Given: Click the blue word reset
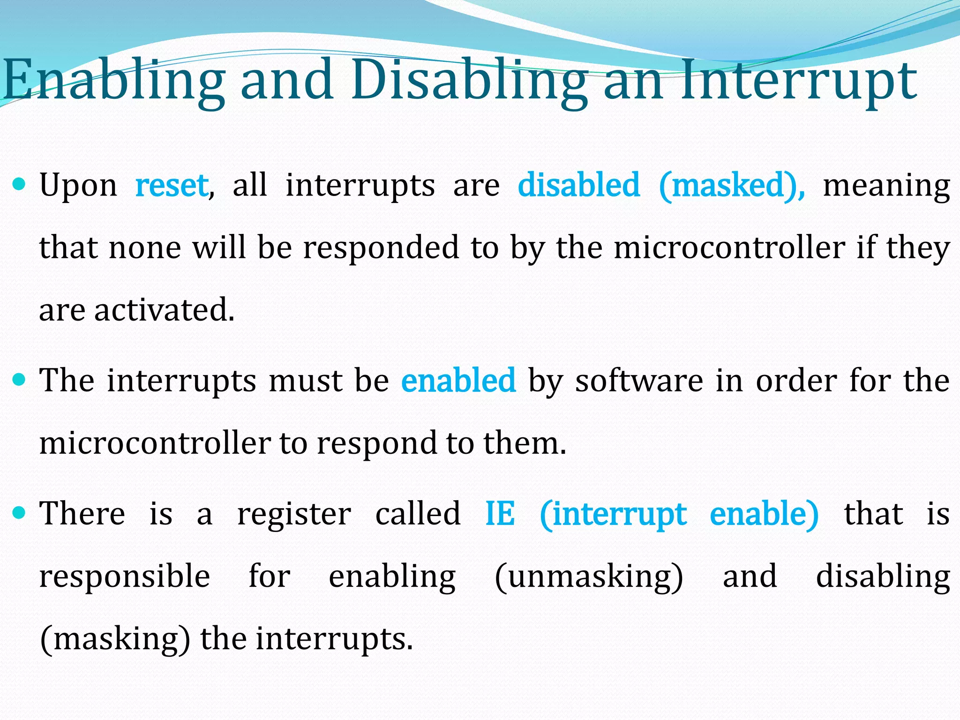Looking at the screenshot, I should (172, 185).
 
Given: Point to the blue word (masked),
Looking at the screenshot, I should (732, 185).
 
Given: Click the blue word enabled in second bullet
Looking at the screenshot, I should (458, 380).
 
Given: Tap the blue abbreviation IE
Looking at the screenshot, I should (500, 514).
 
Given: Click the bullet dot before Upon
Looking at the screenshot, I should (19, 185).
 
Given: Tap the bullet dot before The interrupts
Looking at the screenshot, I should (19, 380).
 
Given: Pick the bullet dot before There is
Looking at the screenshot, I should (19, 513).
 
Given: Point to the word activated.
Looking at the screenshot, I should (164, 310).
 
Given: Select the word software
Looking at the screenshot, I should (639, 380).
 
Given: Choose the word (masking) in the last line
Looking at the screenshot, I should (115, 639).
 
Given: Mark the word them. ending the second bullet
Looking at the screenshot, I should (525, 443).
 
